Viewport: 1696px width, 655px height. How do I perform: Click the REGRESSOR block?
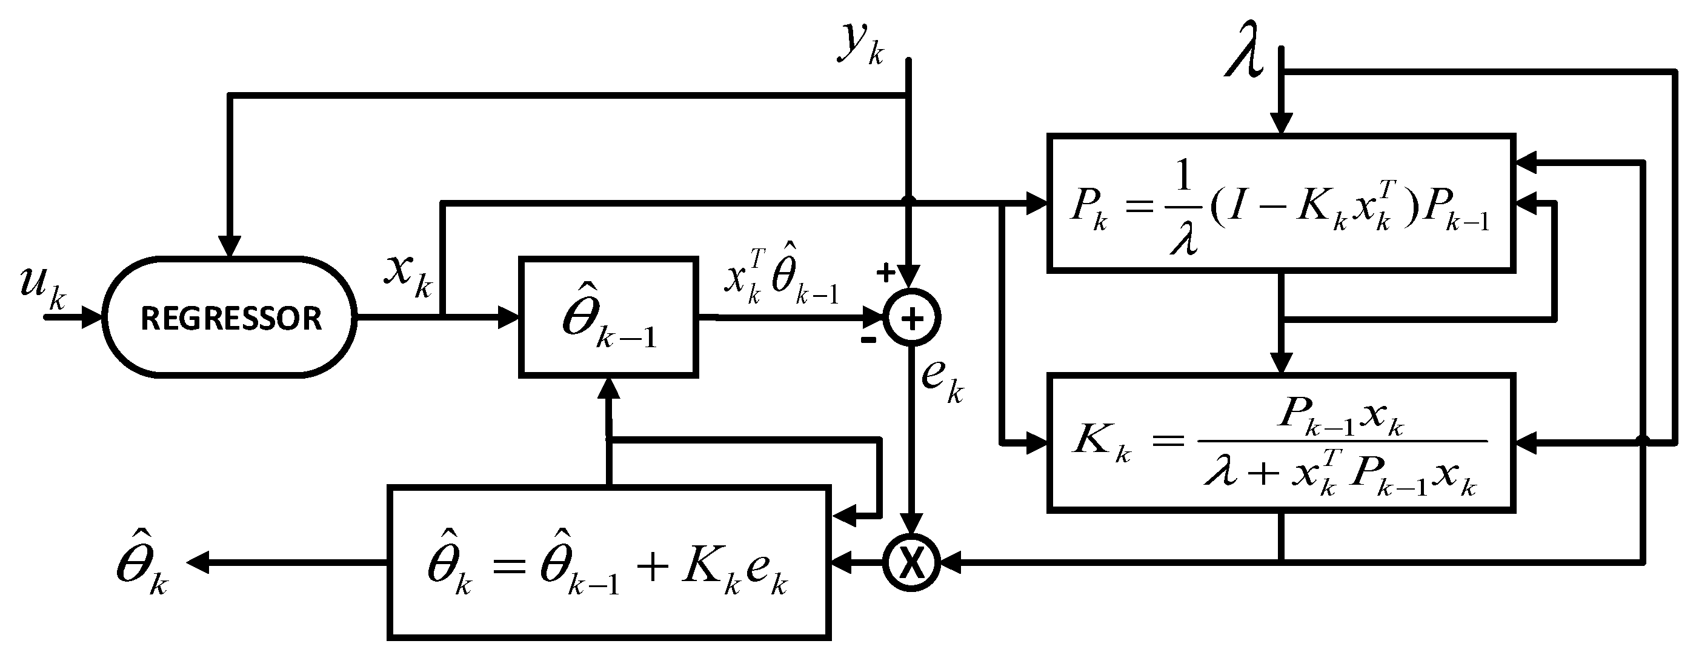[x=230, y=318]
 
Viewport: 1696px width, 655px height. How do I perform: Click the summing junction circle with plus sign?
[x=911, y=319]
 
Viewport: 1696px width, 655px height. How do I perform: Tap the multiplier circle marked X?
[x=911, y=564]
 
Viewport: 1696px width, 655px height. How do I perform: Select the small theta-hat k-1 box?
[x=608, y=318]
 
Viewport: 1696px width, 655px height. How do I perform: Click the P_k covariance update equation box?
[x=1280, y=204]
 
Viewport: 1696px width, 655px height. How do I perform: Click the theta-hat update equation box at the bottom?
[x=608, y=564]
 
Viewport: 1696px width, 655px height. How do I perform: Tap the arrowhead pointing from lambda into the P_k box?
[x=1281, y=123]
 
